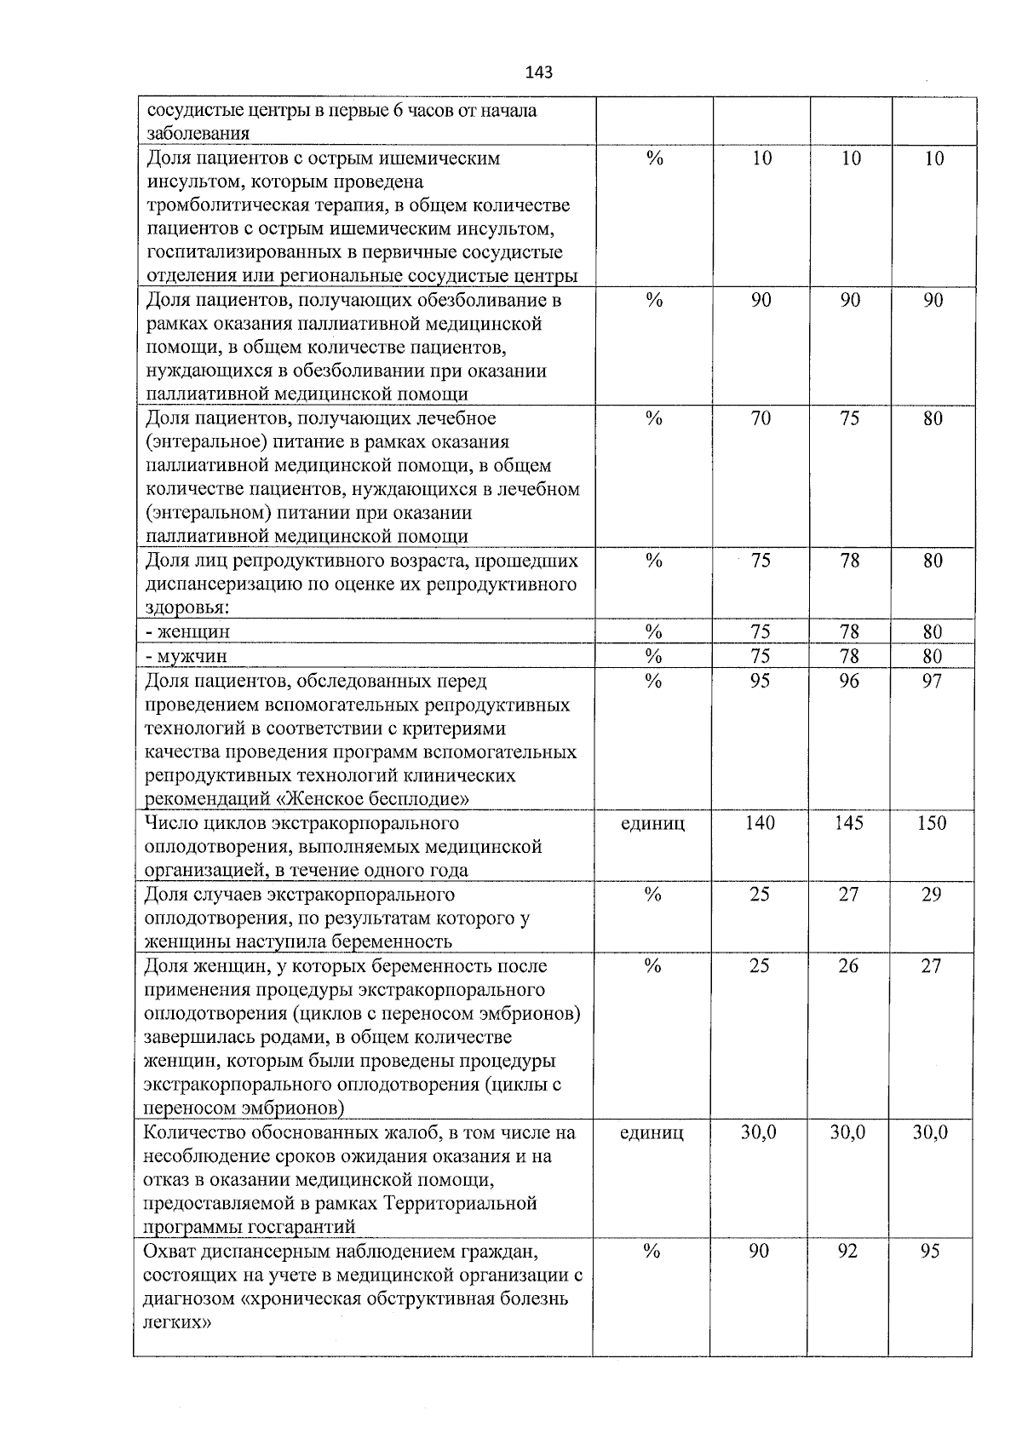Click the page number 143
pos(539,72)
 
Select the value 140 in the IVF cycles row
pos(759,823)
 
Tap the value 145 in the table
pos(848,823)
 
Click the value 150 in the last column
pos(932,823)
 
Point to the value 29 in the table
pos(932,895)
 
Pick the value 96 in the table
pos(849,681)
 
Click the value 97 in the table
pos(932,681)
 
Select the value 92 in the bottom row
pos(847,1251)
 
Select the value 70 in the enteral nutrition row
pos(761,418)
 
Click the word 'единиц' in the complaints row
pos(652,1132)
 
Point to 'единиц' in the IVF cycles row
pos(652,823)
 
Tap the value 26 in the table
pos(848,966)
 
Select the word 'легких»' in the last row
pos(176,1323)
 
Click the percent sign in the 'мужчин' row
pos(653,656)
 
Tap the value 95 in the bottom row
pos(930,1251)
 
